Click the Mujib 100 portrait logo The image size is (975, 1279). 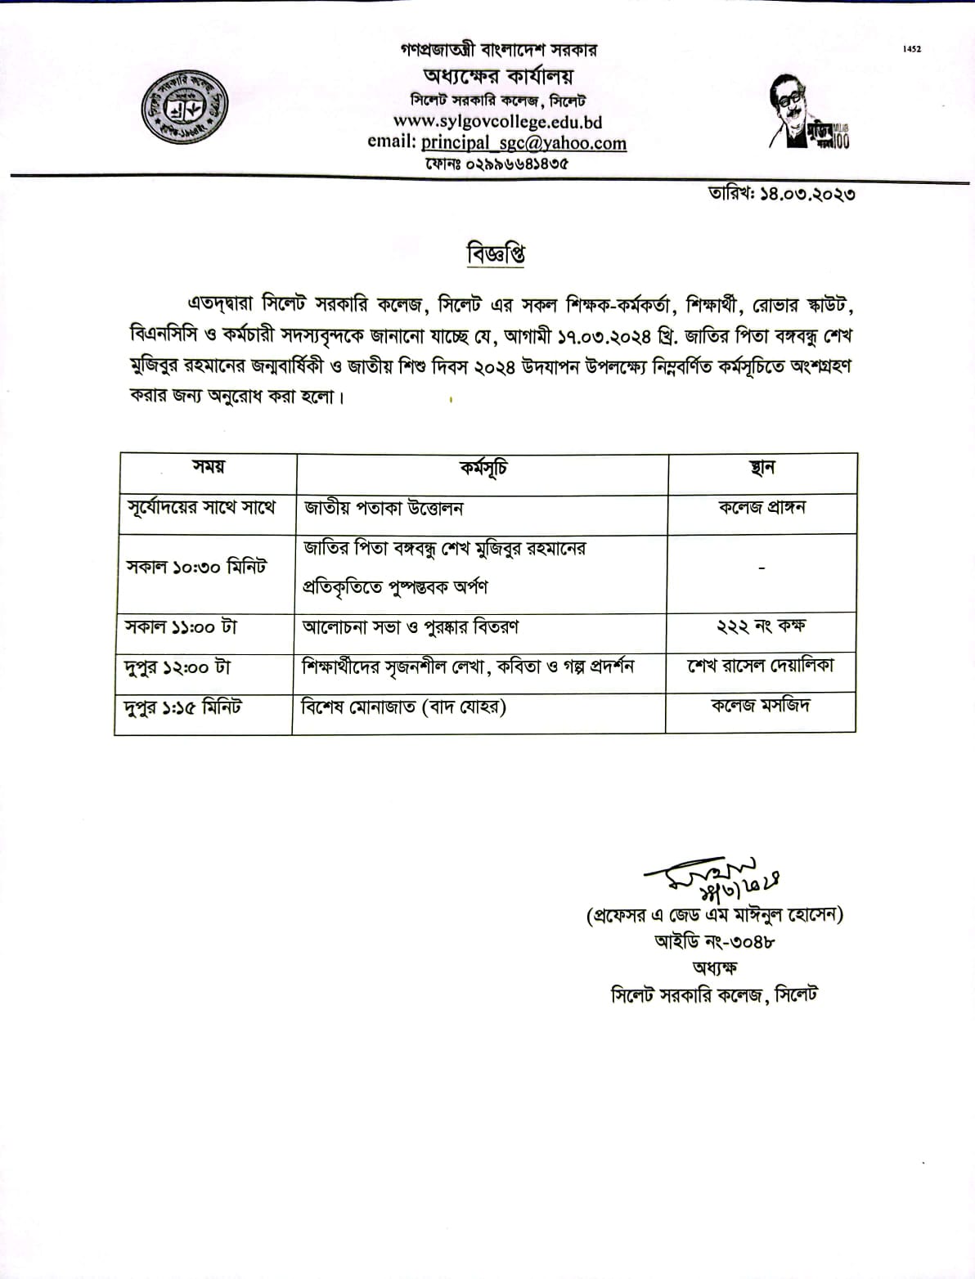[807, 113]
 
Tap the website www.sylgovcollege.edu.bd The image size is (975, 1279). [497, 122]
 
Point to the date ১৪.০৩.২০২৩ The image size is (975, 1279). [783, 195]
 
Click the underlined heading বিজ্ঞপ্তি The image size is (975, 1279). [496, 254]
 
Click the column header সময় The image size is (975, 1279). [209, 467]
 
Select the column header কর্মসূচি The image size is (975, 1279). [483, 469]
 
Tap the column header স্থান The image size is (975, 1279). [762, 469]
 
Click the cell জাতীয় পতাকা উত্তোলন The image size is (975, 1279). [384, 508]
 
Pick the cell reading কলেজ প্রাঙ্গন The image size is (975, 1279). [762, 507]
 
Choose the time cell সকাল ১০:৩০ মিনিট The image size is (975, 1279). [196, 568]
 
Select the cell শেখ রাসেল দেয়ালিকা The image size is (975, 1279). [761, 666]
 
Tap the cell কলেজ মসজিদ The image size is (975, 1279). [761, 705]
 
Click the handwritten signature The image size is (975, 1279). [712, 877]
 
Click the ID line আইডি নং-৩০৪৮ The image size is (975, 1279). [714, 941]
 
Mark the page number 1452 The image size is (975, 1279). [912, 49]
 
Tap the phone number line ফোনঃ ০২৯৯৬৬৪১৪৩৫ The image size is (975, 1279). [496, 164]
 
